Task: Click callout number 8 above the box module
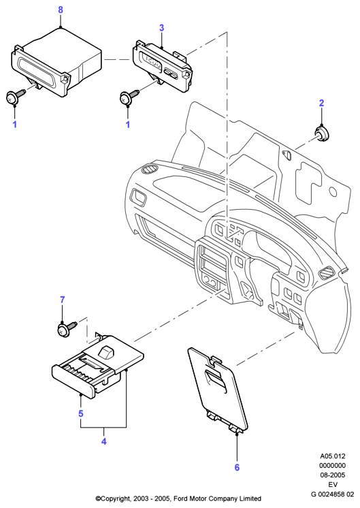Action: point(61,10)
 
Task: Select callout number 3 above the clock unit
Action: point(161,28)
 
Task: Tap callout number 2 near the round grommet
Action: point(321,103)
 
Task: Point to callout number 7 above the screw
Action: point(63,300)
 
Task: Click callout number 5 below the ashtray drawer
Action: point(80,413)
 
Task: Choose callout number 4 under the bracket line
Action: point(104,441)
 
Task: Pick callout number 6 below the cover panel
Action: point(237,467)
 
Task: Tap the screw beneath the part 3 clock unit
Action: point(129,96)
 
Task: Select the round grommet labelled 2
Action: point(321,134)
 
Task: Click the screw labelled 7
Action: point(67,328)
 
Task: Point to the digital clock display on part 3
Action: point(152,61)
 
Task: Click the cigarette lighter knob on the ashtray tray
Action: point(106,352)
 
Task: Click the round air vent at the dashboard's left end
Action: point(150,169)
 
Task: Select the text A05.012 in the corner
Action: point(333,456)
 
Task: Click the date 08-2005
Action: point(333,475)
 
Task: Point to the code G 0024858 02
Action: point(333,494)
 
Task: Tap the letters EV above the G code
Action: point(333,485)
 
